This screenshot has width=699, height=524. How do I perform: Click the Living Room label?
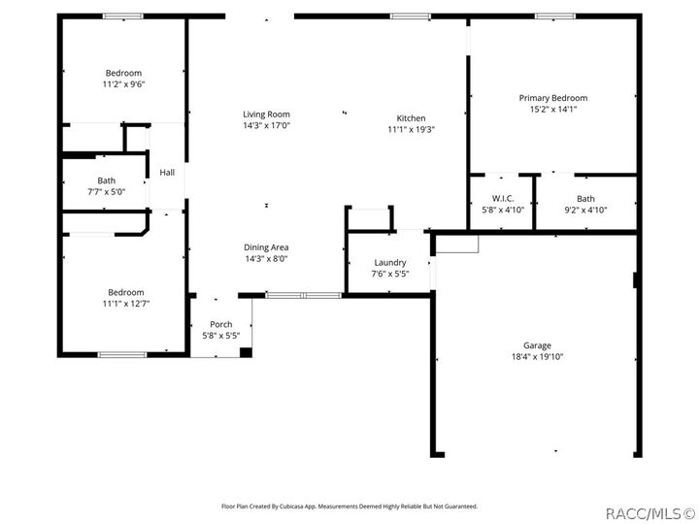(266, 115)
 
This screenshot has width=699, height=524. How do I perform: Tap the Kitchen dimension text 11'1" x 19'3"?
(411, 129)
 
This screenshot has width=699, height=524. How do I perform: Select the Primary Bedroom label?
(552, 98)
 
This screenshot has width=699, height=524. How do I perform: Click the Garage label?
(537, 345)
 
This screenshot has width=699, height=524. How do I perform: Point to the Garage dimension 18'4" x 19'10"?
(537, 357)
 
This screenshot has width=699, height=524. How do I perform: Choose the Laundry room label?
(389, 263)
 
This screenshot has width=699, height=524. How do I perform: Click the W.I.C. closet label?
(502, 199)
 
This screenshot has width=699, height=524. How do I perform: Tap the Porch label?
(221, 324)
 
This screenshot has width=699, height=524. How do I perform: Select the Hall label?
(167, 173)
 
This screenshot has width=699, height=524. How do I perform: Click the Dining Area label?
(266, 247)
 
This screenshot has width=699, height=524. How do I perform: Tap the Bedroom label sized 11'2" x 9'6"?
(123, 73)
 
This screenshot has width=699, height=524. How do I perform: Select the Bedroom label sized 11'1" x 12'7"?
(125, 292)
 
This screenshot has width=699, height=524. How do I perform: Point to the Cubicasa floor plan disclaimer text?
(349, 506)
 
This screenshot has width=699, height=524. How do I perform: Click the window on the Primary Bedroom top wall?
(554, 16)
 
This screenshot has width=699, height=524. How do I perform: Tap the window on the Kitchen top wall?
(411, 16)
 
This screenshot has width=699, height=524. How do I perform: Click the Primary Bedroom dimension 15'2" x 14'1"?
(552, 110)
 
